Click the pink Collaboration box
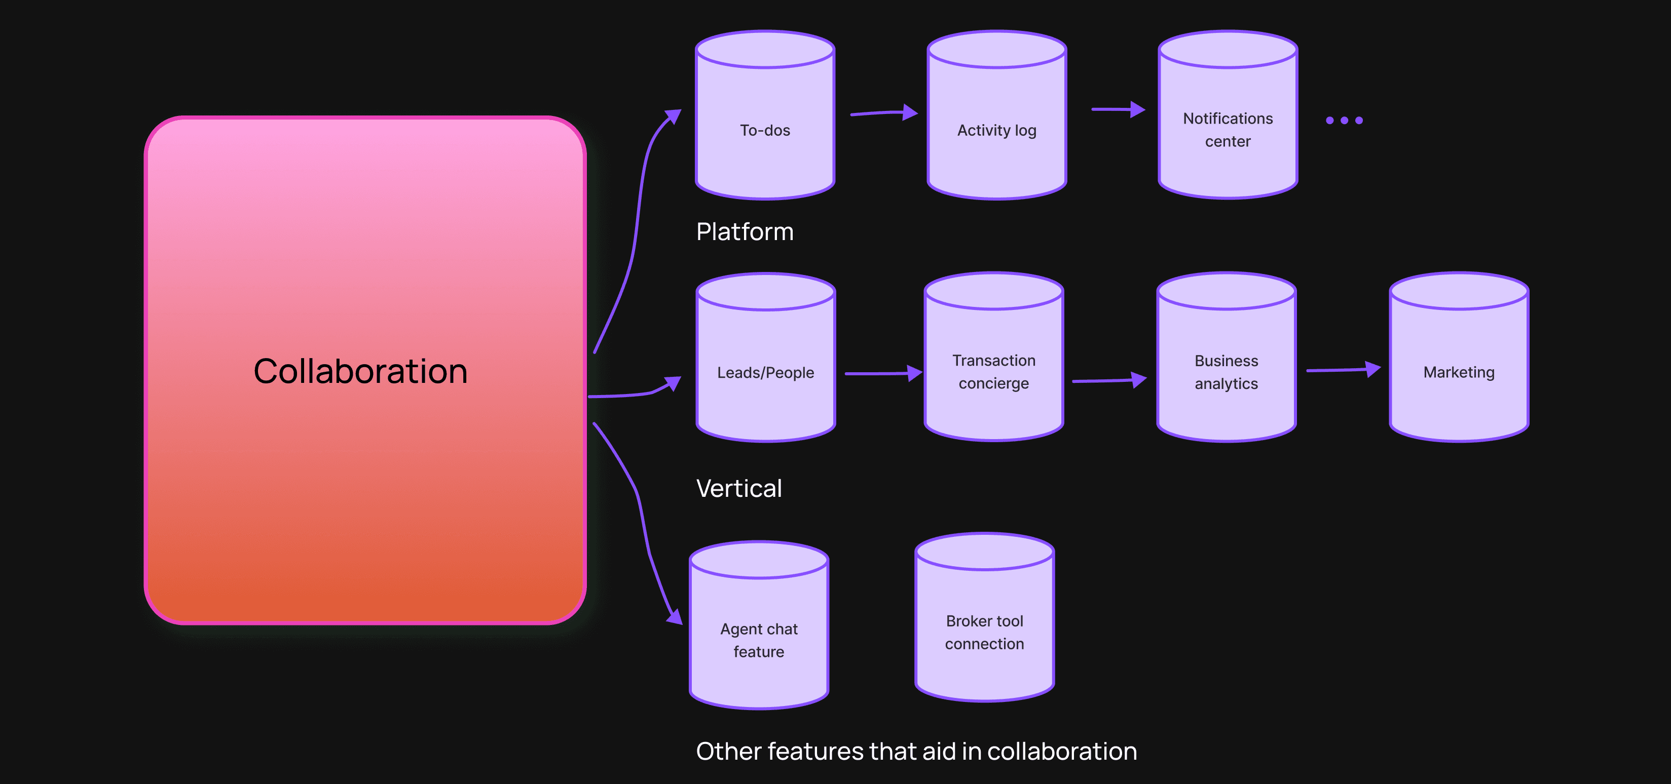pyautogui.click(x=365, y=370)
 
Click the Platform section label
pyautogui.click(x=745, y=231)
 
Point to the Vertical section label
pyautogui.click(x=739, y=488)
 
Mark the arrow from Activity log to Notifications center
pyautogui.click(x=1118, y=109)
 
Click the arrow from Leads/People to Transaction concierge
pyautogui.click(x=883, y=374)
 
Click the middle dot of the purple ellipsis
pyautogui.click(x=1344, y=121)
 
